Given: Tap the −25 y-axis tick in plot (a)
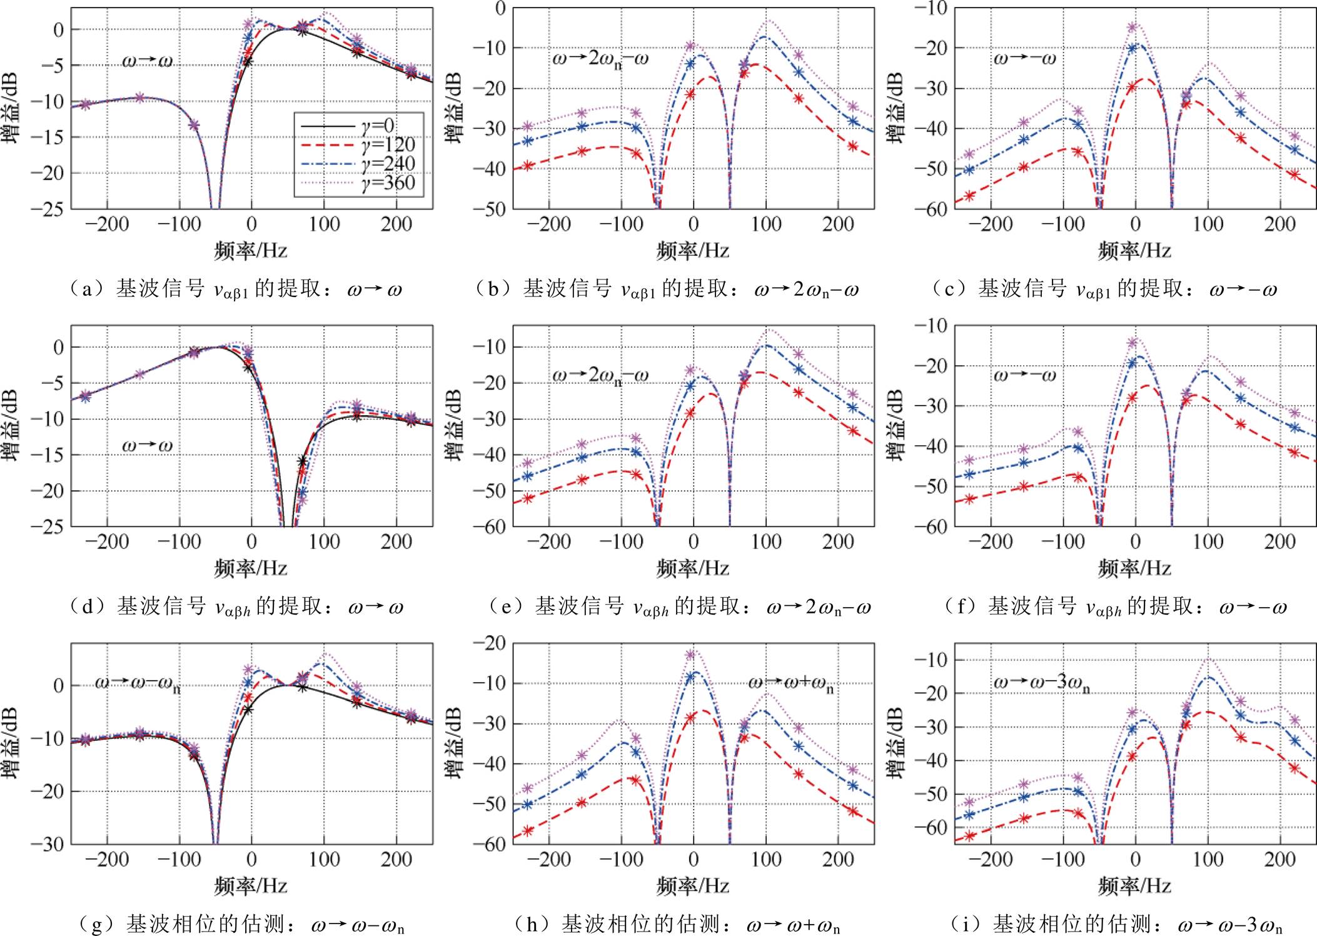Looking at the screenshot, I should click(48, 209).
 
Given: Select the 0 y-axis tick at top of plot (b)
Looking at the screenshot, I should click(500, 9).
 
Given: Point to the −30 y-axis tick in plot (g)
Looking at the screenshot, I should click(48, 844).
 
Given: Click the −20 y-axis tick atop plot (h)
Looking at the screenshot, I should click(490, 643).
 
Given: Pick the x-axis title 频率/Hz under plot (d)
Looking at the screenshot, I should click(251, 568).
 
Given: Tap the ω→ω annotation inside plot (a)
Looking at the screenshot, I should click(148, 61).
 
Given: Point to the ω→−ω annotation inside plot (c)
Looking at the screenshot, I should click(1025, 59).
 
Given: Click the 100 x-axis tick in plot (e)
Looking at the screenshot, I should click(765, 541).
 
